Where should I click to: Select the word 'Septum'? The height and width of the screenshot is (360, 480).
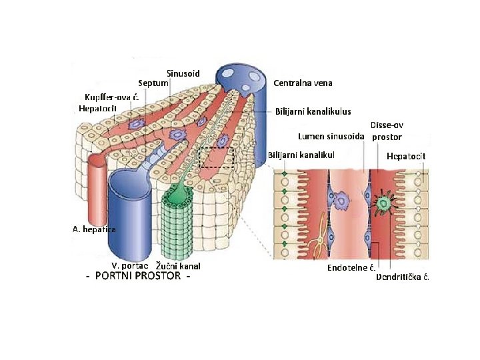click(153, 83)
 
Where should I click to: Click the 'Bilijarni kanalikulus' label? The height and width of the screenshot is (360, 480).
click(313, 111)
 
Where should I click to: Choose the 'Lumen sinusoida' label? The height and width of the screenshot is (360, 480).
click(331, 137)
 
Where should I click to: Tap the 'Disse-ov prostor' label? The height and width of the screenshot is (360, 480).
click(387, 131)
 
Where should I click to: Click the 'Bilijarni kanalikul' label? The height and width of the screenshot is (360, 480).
click(301, 155)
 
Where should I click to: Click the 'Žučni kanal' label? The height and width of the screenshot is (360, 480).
click(178, 266)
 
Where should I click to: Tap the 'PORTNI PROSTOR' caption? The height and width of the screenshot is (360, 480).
click(138, 277)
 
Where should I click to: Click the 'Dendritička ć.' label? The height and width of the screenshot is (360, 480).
click(403, 277)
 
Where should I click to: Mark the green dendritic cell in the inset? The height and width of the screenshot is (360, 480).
click(384, 203)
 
